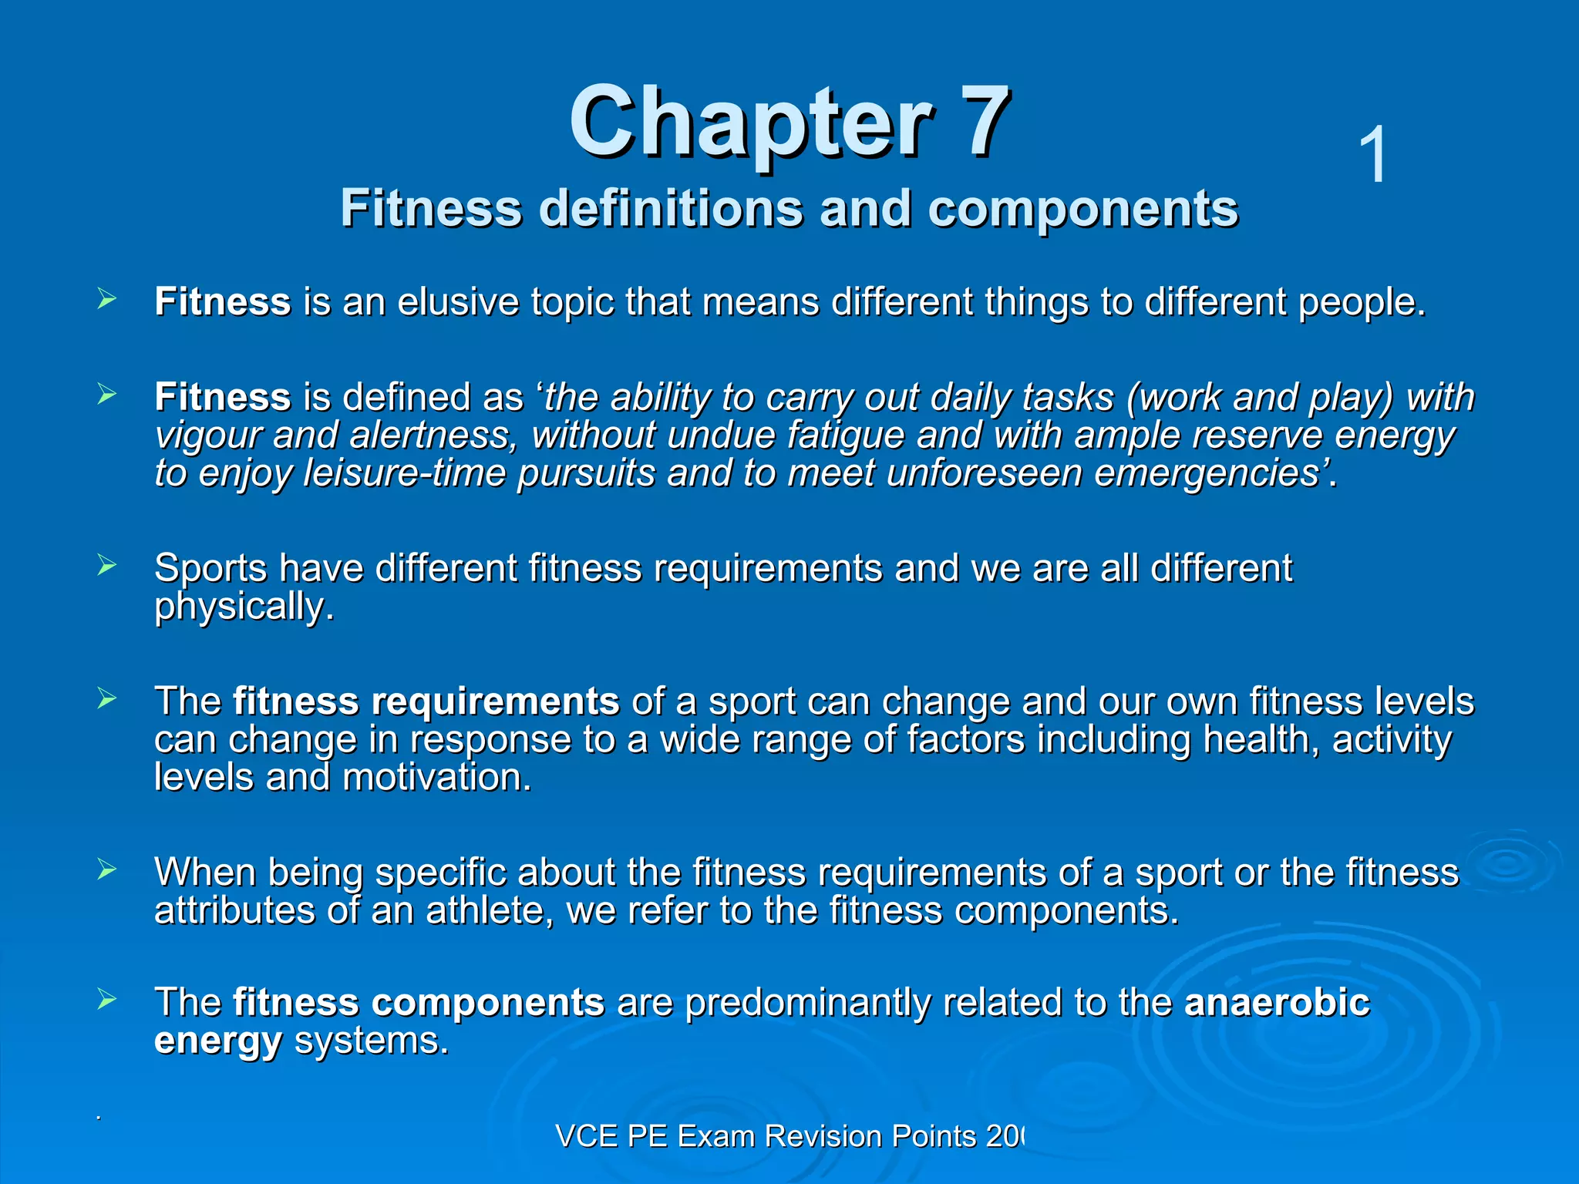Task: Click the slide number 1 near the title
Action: [x=1372, y=156]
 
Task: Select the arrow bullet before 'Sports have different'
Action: [x=106, y=567]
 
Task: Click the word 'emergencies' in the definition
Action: [x=1210, y=474]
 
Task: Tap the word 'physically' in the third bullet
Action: [x=242, y=607]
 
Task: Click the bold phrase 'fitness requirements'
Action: [x=426, y=702]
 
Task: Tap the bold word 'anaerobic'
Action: [x=1277, y=1003]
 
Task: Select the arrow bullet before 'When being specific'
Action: [x=106, y=871]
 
